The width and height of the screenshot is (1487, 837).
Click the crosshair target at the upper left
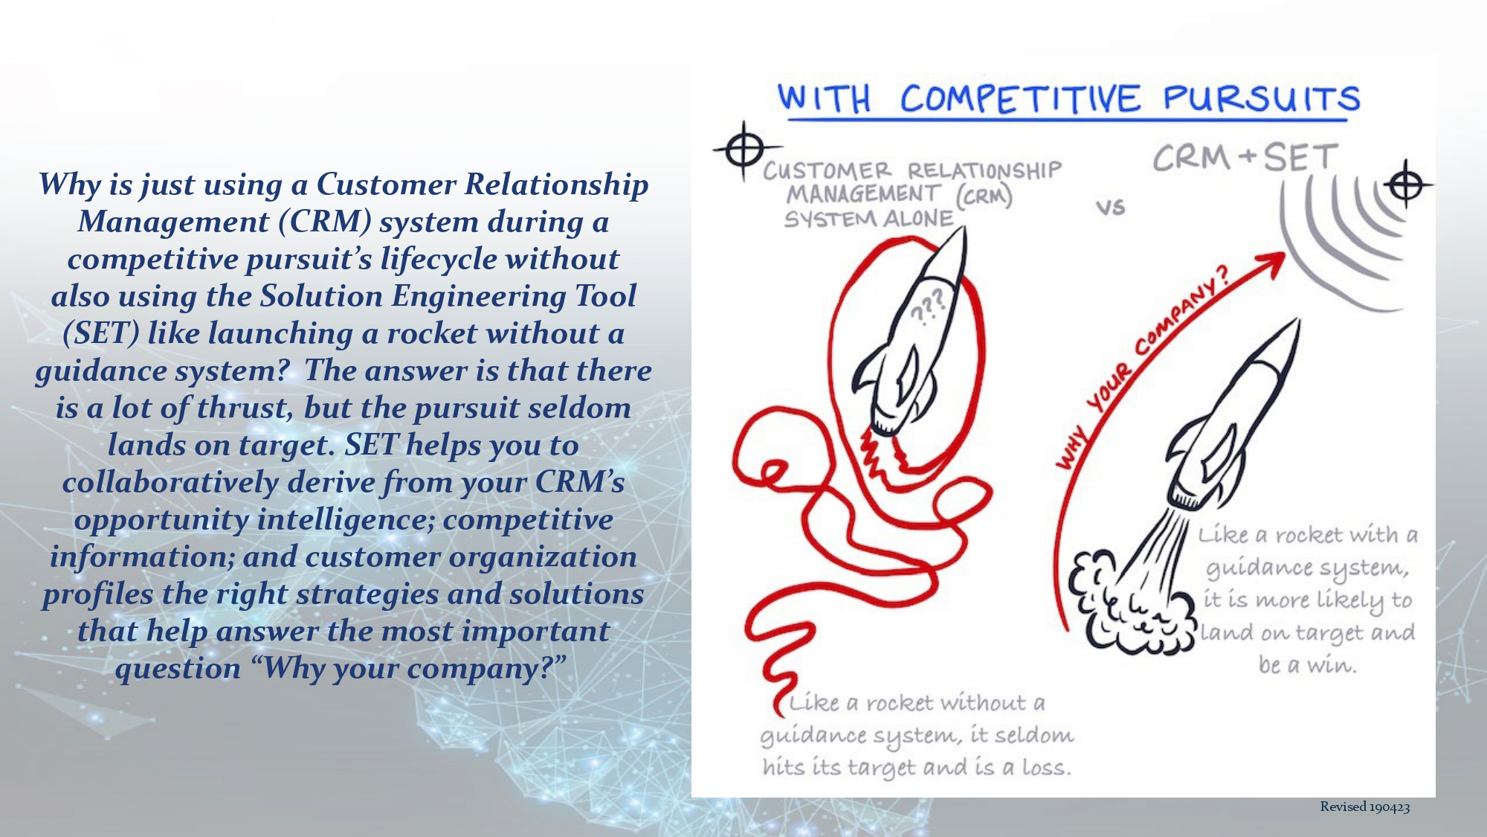741,150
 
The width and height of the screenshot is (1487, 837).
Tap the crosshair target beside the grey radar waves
1406,185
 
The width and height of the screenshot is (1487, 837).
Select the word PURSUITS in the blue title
1262,98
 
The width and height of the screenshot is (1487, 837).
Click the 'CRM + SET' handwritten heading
1246,158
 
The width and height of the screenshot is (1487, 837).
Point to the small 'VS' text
1110,207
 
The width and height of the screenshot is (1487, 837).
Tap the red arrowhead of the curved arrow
1268,264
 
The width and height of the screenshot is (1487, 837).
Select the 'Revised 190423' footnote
1365,806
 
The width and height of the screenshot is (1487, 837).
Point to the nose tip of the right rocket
1297,321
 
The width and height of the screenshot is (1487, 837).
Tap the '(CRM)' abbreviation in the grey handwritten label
984,196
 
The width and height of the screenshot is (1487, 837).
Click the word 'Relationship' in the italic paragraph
556,185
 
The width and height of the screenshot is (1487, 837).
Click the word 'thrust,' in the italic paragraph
244,408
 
